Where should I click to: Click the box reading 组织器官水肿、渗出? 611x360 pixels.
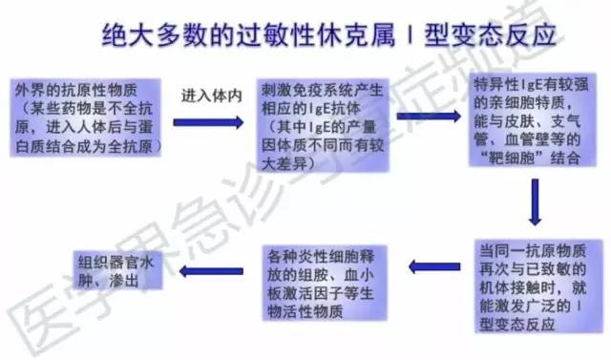119,267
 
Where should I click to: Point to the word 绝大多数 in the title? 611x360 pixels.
147,36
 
